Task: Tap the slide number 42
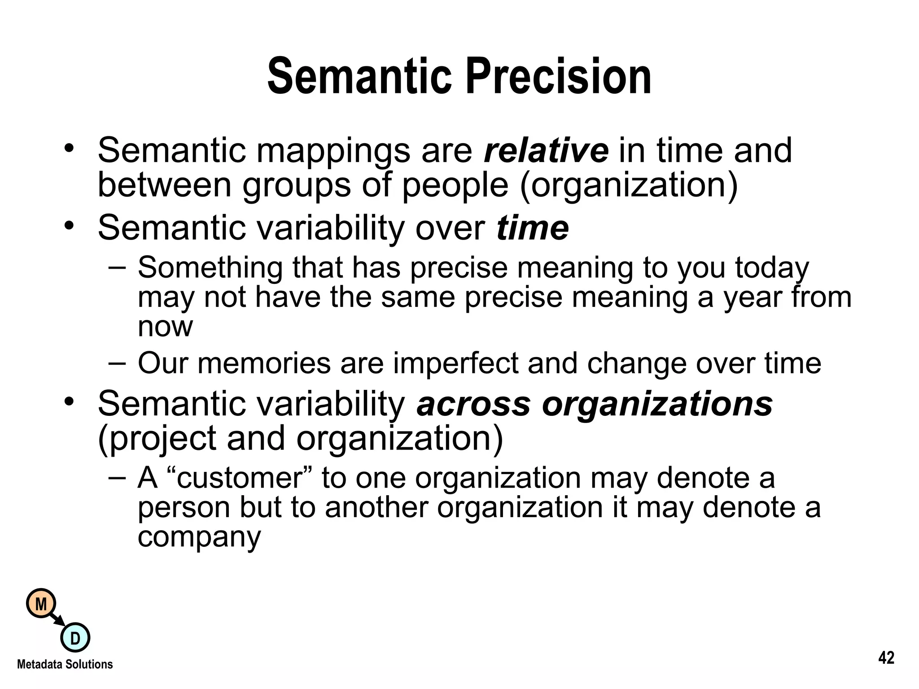coord(886,658)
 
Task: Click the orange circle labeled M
coord(41,604)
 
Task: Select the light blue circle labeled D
coord(75,638)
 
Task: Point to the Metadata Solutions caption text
coord(65,664)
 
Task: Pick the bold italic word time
coord(533,228)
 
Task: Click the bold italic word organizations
coord(657,404)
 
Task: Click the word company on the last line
coord(199,537)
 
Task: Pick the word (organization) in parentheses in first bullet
coord(628,185)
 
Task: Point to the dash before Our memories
coord(118,362)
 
